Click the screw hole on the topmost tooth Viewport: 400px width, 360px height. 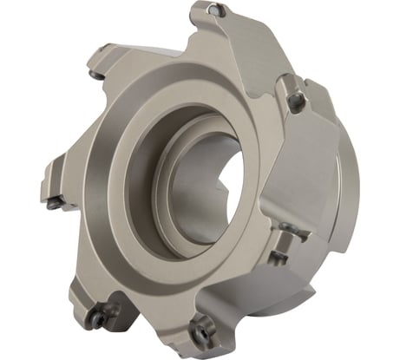[x=216, y=10]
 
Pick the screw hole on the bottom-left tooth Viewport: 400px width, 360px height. [x=97, y=317]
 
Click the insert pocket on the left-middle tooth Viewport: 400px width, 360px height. [x=56, y=203]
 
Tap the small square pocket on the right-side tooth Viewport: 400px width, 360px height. [x=279, y=257]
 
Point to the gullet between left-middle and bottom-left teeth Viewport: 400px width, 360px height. [x=65, y=252]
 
